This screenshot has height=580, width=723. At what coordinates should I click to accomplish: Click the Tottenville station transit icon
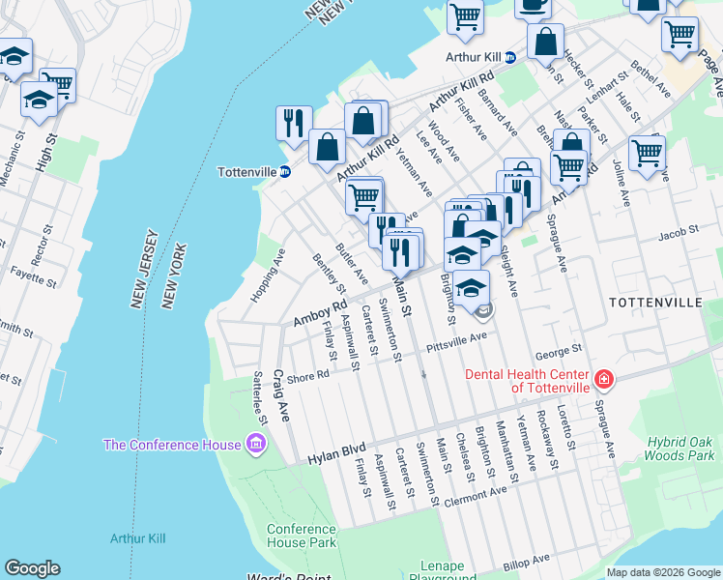click(x=285, y=172)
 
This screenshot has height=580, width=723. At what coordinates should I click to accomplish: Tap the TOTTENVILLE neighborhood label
click(x=655, y=303)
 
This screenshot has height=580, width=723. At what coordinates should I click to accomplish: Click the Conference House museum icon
click(x=256, y=445)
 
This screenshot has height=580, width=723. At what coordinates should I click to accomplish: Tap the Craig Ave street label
click(x=281, y=395)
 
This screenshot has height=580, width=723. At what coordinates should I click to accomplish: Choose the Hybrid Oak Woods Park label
click(x=682, y=448)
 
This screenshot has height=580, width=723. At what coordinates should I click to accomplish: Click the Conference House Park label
click(x=301, y=536)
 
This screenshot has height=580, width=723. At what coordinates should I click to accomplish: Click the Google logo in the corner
click(x=32, y=568)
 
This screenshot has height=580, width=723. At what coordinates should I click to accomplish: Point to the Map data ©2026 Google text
click(x=663, y=572)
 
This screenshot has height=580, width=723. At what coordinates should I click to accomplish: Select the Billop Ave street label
click(x=526, y=560)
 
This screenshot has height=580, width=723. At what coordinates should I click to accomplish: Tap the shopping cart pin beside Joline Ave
click(x=647, y=151)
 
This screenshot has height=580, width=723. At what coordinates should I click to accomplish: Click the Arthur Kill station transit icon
click(x=510, y=57)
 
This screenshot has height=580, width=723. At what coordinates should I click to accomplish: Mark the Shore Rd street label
click(x=308, y=375)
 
